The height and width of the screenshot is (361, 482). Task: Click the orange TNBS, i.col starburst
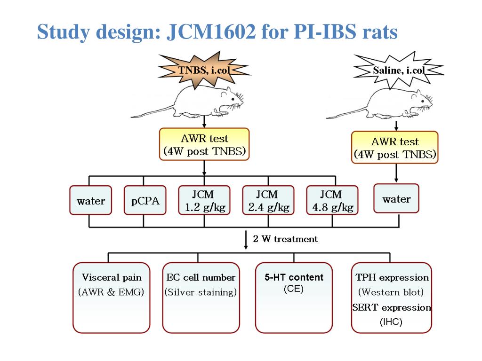[204, 70]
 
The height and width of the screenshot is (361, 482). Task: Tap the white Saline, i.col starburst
[399, 71]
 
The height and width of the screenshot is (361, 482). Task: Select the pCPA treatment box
[145, 200]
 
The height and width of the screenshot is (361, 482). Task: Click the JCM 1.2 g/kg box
[204, 200]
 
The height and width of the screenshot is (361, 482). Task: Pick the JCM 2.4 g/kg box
[268, 200]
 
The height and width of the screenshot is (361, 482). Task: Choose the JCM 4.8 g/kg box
[332, 200]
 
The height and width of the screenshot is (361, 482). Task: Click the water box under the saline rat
[396, 198]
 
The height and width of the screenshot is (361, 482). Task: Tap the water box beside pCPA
[91, 200]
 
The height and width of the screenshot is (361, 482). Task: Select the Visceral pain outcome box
[111, 298]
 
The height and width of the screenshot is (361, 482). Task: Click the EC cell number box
[201, 298]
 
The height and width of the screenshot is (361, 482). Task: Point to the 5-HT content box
[294, 298]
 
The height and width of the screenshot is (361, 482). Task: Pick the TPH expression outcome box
[391, 298]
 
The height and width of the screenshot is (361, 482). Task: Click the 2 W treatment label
[285, 239]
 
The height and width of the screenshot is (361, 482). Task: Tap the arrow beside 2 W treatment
[246, 240]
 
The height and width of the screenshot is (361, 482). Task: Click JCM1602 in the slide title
[211, 31]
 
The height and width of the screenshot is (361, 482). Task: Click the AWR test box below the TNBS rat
[204, 144]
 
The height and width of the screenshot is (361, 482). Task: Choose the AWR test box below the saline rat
[395, 147]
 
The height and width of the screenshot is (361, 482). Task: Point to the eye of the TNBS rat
[233, 99]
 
